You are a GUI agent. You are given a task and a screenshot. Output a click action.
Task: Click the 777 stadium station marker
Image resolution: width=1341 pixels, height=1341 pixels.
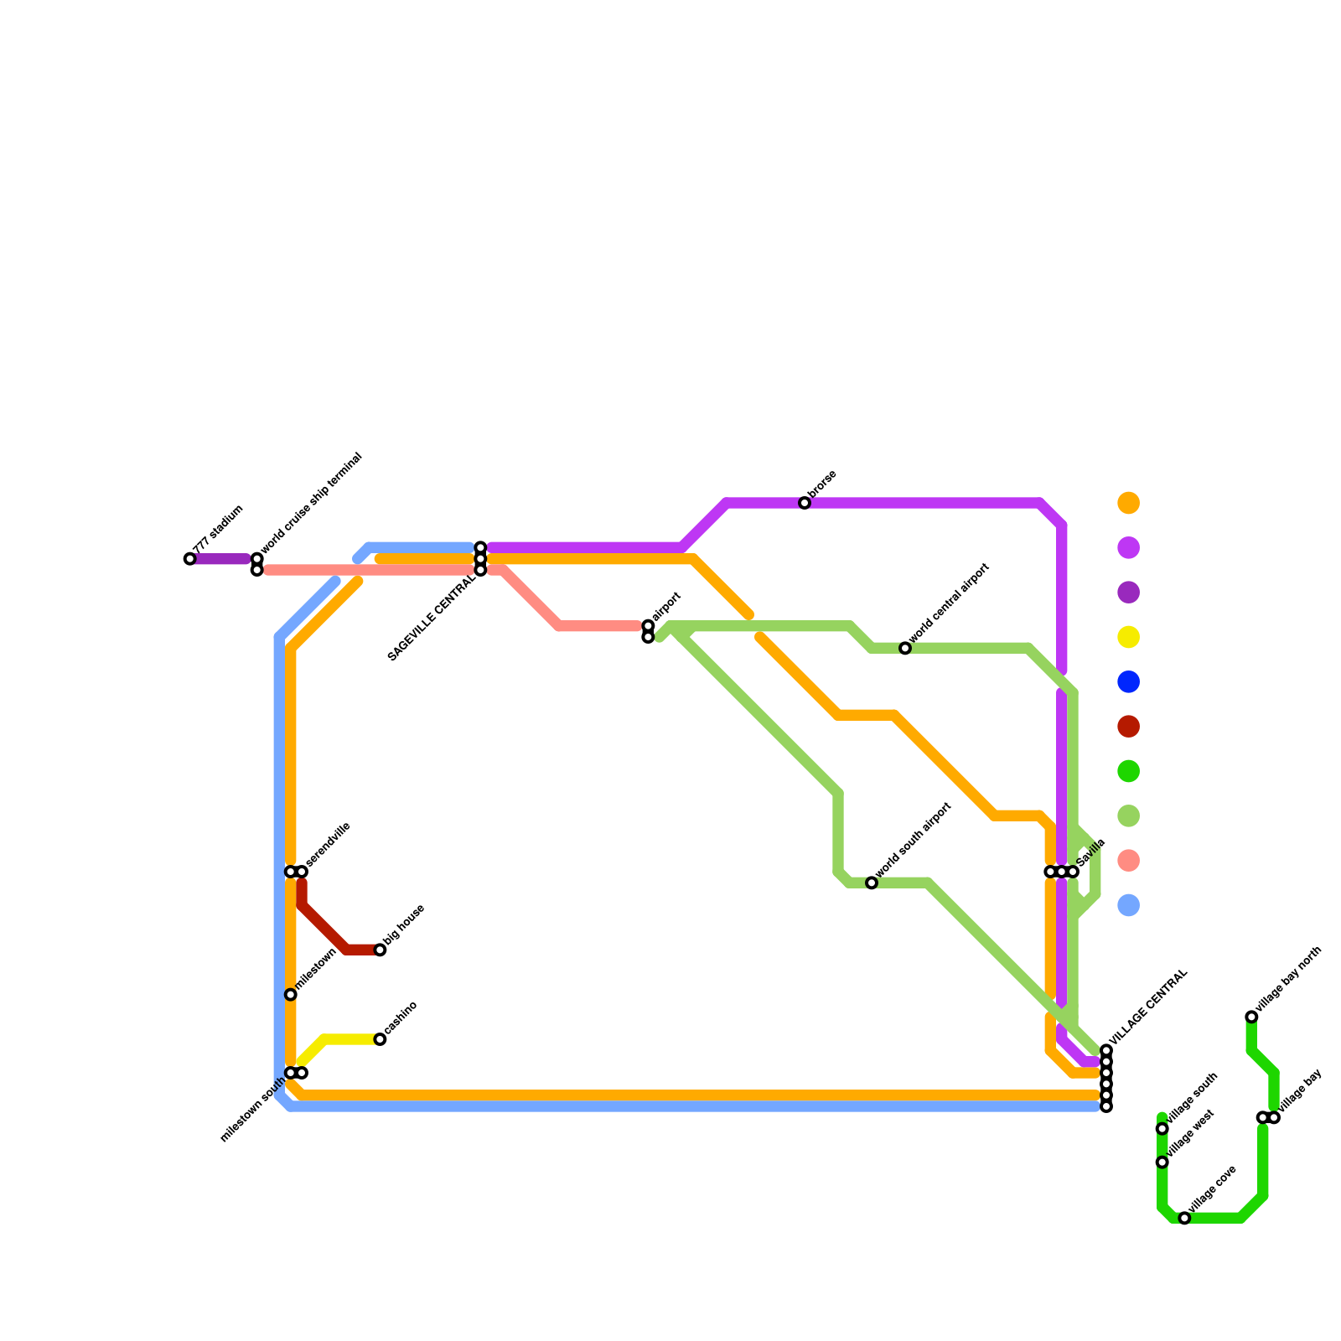[x=189, y=559]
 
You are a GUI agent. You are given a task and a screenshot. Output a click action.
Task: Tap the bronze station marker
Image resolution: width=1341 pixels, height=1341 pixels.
[x=805, y=503]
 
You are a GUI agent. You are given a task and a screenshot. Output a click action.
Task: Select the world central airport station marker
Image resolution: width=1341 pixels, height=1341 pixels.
[x=905, y=648]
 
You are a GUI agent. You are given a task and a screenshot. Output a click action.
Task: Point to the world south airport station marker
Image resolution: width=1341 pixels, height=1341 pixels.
[x=872, y=883]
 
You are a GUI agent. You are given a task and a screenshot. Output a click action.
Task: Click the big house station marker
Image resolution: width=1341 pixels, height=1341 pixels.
[x=380, y=950]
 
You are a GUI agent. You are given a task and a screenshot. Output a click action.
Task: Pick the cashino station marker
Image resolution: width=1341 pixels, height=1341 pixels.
[x=380, y=1039]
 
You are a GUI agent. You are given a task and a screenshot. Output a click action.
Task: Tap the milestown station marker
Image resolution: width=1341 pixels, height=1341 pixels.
[x=291, y=995]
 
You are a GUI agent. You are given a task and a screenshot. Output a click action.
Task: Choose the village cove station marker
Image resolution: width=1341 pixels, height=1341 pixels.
[x=1184, y=1218]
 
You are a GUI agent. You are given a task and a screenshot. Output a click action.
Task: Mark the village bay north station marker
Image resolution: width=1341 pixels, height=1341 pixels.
[x=1251, y=1017]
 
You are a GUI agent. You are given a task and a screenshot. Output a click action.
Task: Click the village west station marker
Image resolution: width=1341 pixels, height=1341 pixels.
[x=1162, y=1162]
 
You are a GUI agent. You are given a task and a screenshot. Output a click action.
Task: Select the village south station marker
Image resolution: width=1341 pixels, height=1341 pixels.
[x=1162, y=1129]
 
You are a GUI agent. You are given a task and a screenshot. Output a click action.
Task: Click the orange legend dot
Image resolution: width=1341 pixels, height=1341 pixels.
[x=1129, y=503]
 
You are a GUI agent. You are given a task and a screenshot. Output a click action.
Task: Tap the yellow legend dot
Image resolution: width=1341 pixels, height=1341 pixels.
[x=1129, y=637]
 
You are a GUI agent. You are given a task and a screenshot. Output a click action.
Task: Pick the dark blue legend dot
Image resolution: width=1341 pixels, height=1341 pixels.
[x=1129, y=681]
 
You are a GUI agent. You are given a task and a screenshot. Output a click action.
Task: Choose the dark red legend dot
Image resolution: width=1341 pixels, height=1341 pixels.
[x=1129, y=727]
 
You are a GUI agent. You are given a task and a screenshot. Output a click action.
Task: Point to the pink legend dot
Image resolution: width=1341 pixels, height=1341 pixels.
[x=1129, y=861]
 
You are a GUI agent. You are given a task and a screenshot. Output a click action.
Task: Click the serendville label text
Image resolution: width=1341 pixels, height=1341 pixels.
[x=328, y=845]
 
